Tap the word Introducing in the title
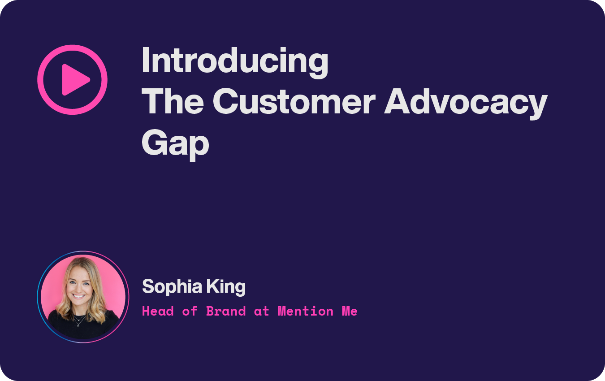point(235,61)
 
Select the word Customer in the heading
point(297,102)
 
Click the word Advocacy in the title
point(466,102)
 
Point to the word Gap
point(175,143)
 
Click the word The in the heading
point(173,102)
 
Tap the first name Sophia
point(171,287)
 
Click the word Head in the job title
point(158,311)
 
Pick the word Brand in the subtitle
point(226,311)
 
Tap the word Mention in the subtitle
point(305,311)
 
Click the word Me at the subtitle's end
point(350,311)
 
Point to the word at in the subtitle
point(261,311)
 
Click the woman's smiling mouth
point(79,296)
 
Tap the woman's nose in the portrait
point(78,288)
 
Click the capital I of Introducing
point(145,61)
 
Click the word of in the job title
point(190,311)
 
